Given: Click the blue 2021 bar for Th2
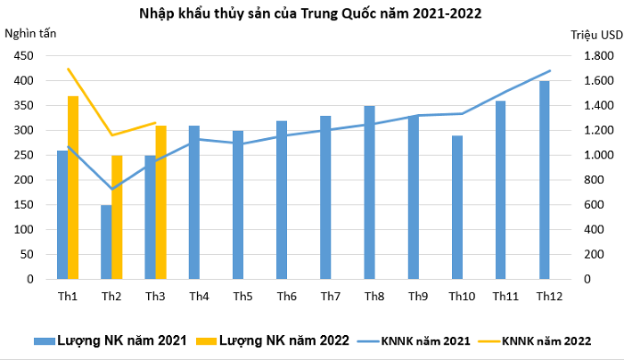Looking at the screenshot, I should pos(106,241).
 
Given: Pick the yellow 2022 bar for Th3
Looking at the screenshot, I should pos(160,202).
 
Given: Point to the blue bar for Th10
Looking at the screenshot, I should pos(456,207).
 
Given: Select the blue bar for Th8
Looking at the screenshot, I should pos(369,192).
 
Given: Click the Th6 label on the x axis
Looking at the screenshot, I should pos(286,296).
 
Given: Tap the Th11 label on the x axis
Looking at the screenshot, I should pos(505,296).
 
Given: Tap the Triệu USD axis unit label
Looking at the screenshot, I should pos(595,35).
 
